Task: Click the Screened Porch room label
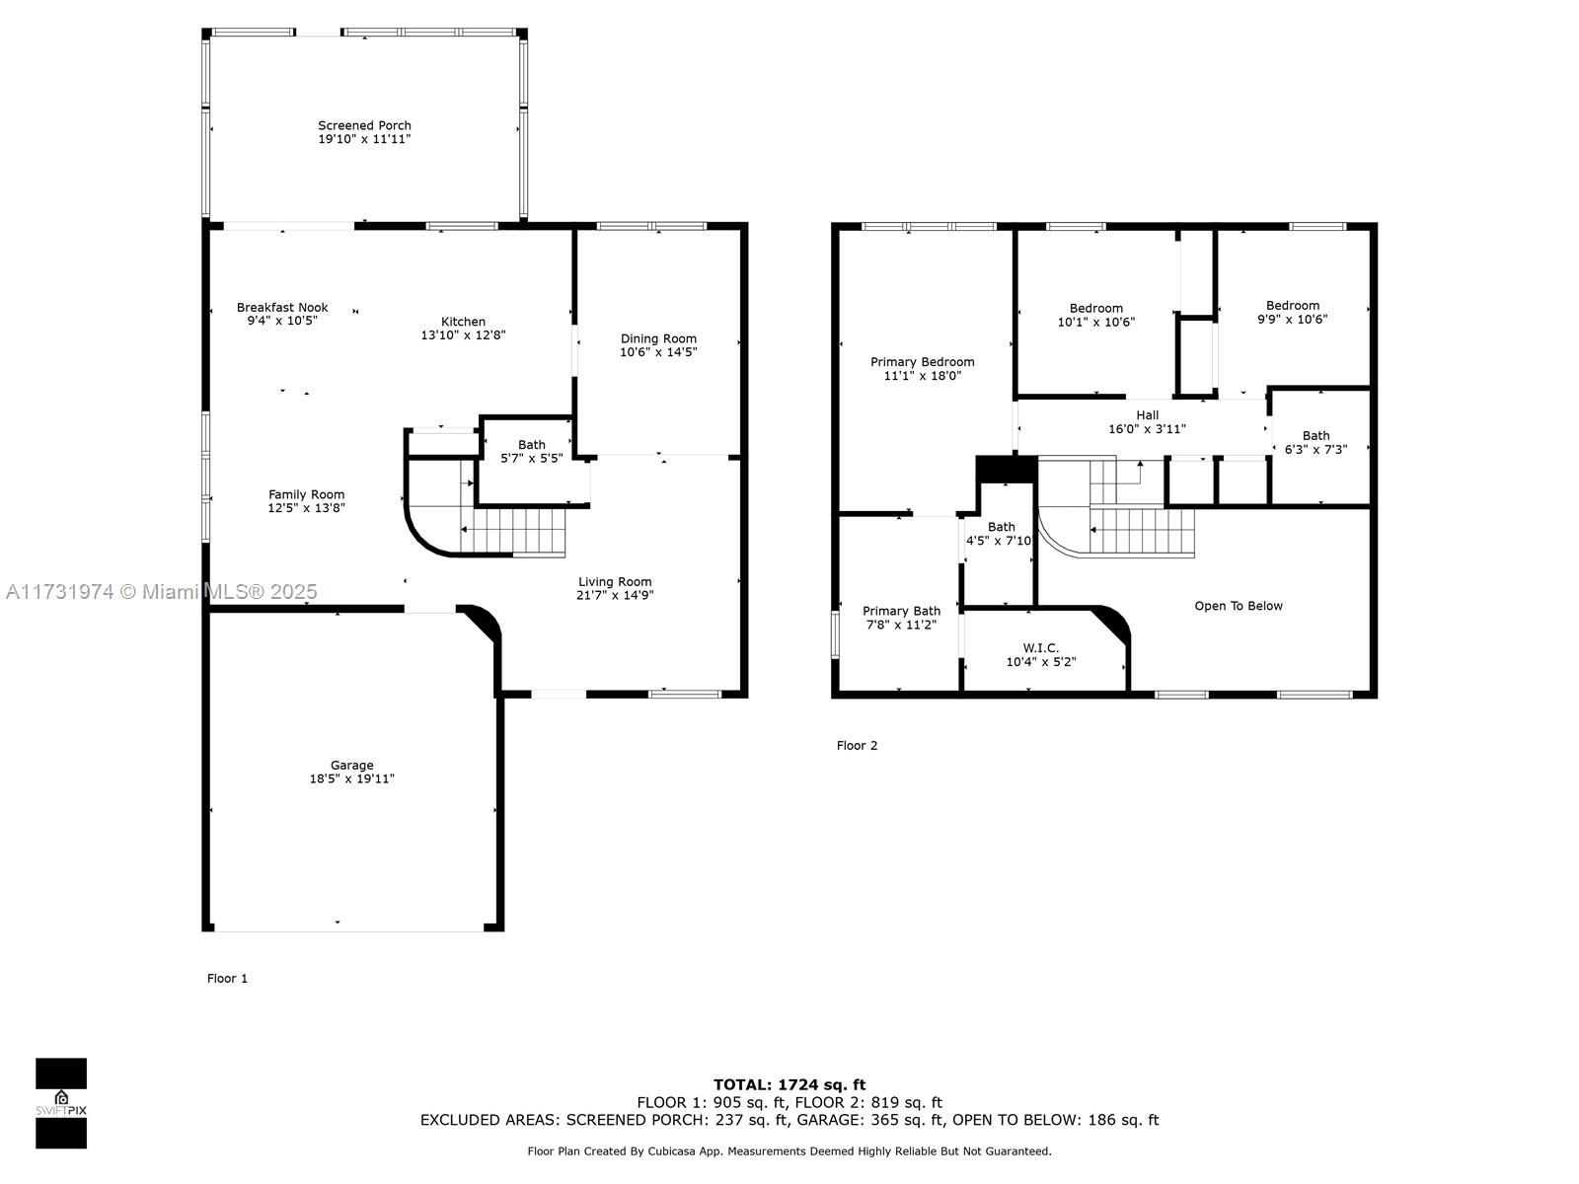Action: (364, 126)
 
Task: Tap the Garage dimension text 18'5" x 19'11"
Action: (351, 778)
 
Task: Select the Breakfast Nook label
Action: (282, 308)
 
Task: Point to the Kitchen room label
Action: (463, 322)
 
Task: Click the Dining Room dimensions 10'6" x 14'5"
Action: (658, 351)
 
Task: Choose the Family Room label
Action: (307, 494)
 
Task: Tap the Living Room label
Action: (615, 581)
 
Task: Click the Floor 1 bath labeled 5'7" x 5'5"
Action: (532, 452)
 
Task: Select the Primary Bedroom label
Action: (922, 361)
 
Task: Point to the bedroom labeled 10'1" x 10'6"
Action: (1095, 315)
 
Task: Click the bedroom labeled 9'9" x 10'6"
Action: (1293, 312)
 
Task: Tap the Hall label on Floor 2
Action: (1148, 414)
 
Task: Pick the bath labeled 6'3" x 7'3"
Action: (1316, 442)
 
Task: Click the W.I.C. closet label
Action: (1041, 647)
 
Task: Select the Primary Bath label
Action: (901, 611)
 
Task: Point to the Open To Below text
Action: (1238, 606)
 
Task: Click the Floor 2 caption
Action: (857, 746)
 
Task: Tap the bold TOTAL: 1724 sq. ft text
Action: (789, 1084)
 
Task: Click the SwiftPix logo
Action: (61, 1103)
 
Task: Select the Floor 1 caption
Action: (227, 979)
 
